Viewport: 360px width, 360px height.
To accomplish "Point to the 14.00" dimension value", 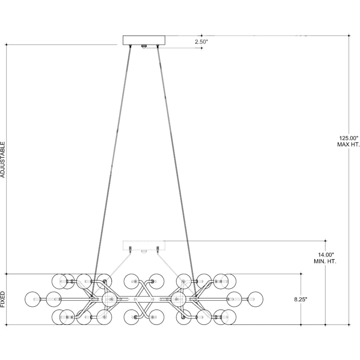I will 325,254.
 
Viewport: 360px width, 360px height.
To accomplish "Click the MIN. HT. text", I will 325,261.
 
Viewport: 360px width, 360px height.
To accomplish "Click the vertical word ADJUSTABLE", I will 3,159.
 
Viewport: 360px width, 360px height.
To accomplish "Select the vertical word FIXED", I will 3,299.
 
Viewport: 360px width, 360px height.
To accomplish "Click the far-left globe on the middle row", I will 33,299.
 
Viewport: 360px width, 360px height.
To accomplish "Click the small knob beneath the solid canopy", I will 144,46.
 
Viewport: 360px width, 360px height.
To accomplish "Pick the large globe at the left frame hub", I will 109,299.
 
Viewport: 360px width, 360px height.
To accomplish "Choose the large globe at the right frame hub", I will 178,299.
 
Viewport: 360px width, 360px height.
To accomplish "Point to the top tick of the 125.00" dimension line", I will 349,36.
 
